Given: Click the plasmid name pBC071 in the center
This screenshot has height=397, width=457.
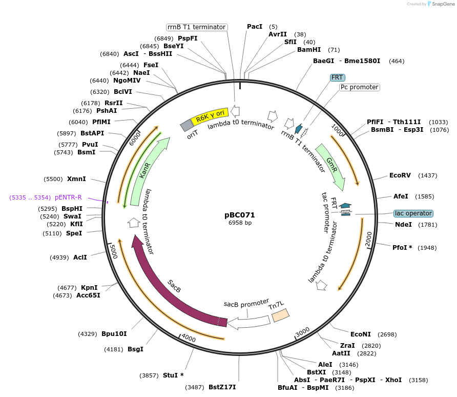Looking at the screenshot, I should tap(239, 215).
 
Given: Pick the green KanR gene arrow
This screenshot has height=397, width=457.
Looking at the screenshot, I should tap(147, 171).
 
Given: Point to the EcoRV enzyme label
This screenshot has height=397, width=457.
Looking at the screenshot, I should tap(400, 175).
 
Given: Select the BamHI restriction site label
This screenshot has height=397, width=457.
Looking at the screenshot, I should tap(309, 50).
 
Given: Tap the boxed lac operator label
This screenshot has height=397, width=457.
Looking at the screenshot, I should tap(413, 213).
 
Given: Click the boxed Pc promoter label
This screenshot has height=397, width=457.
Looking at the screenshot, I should tap(359, 87).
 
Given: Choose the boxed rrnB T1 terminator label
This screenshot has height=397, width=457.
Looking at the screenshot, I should tap(197, 27).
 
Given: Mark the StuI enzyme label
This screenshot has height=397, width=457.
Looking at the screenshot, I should tap(170, 375).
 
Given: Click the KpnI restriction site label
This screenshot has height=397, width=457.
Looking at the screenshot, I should tap(89, 288).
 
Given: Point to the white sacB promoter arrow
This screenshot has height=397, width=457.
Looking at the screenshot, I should tap(249, 322).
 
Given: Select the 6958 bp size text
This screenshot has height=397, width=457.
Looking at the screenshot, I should tap(240, 223).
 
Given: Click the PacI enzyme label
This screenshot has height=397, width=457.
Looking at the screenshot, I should tap(255, 27).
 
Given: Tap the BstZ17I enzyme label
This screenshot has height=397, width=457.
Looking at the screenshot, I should tap(222, 387).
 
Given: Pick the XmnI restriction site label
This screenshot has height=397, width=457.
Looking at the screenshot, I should tap(76, 179).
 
